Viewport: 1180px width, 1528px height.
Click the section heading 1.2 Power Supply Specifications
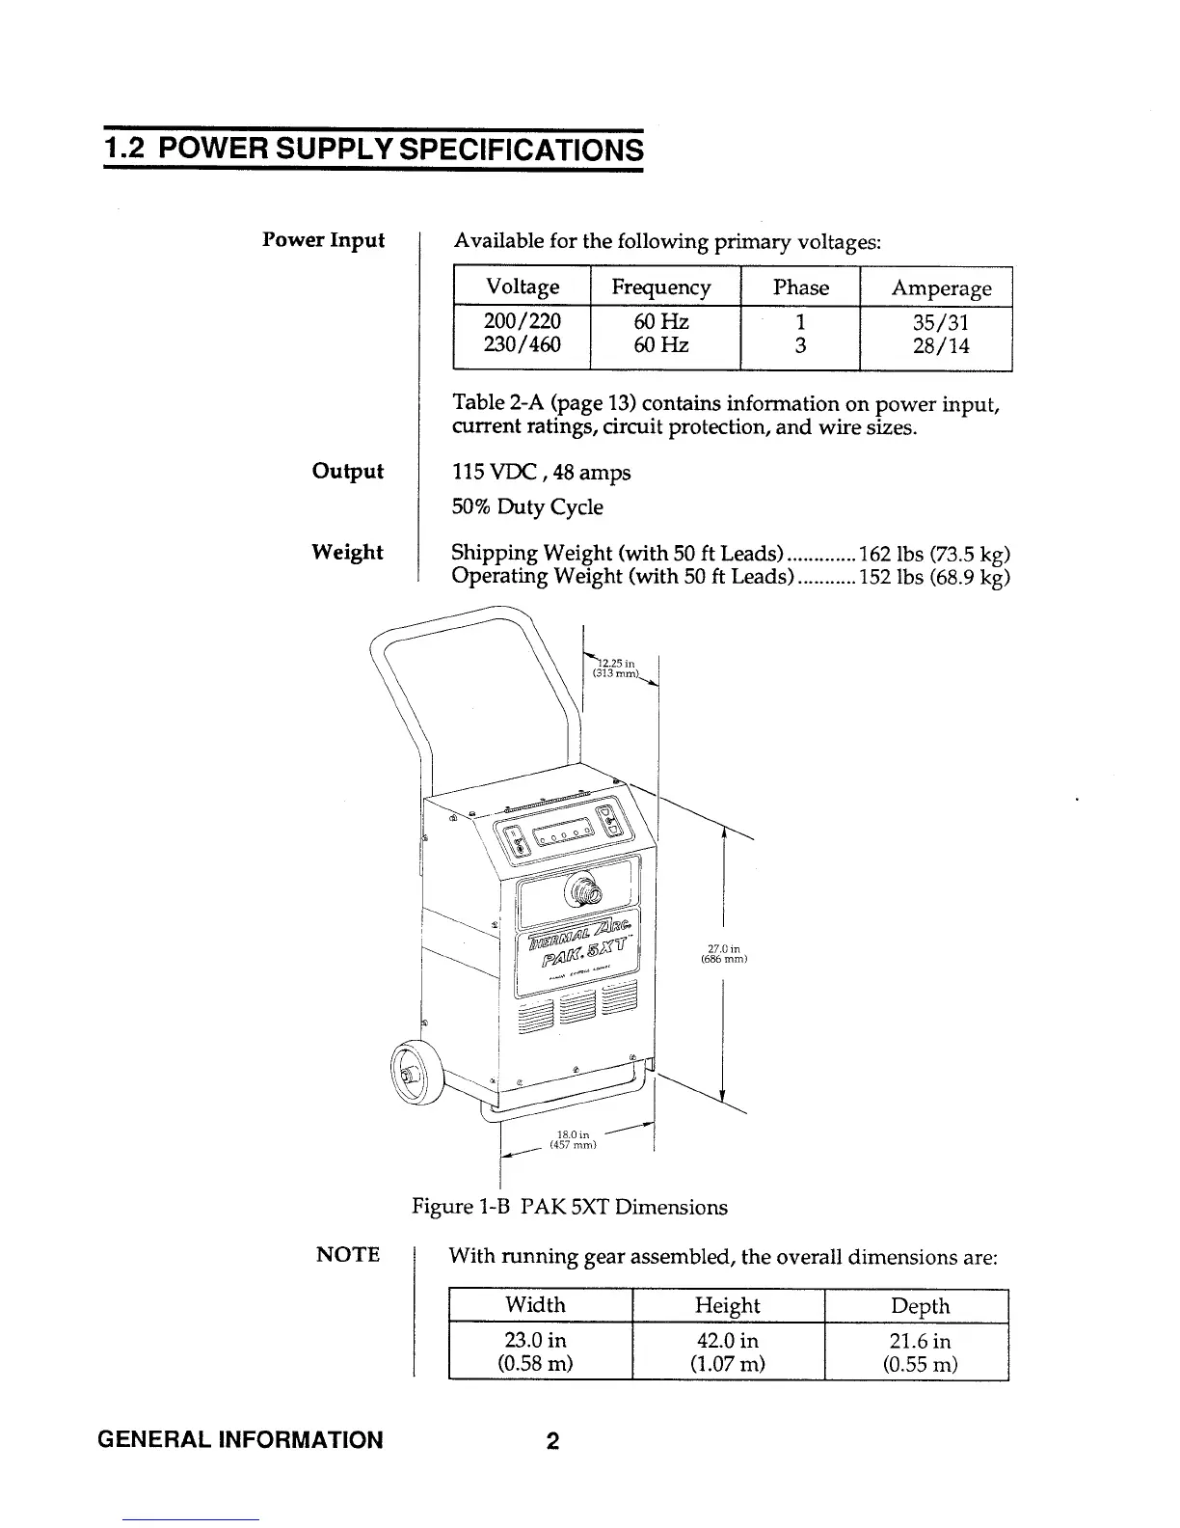tap(373, 150)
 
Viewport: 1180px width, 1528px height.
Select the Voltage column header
tap(523, 287)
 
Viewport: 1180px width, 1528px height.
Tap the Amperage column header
tap(941, 287)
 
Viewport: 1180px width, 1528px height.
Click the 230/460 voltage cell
tap(523, 344)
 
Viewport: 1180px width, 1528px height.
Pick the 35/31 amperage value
tap(941, 321)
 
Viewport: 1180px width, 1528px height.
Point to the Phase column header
tap(800, 287)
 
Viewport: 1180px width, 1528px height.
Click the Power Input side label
tap(323, 239)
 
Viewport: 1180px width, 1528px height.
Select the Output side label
tap(347, 472)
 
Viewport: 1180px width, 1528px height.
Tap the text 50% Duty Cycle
tap(527, 507)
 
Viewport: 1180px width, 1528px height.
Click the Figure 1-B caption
tap(569, 1207)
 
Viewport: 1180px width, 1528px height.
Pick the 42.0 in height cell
tap(727, 1341)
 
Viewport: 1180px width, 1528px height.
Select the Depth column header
tap(919, 1306)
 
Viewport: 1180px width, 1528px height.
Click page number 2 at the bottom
tap(552, 1441)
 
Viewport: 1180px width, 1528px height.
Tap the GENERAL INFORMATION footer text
tap(240, 1441)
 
